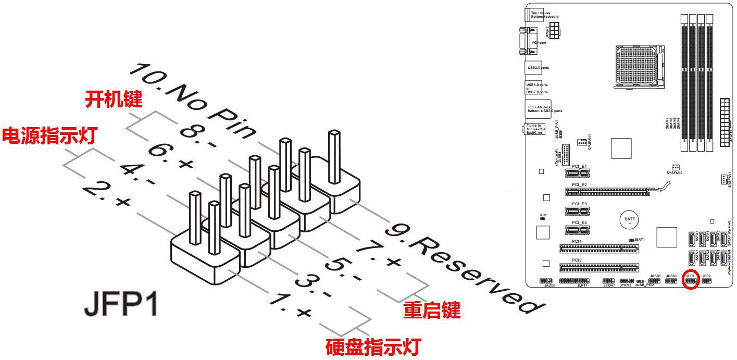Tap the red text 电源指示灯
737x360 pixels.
tap(49, 135)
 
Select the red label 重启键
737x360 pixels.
tap(432, 311)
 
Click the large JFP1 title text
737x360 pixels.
tap(121, 306)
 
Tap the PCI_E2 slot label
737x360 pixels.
tap(579, 184)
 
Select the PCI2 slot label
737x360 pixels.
tap(577, 259)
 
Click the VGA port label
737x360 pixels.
tap(539, 43)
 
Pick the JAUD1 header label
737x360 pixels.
tap(549, 286)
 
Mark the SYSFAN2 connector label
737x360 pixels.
tap(674, 172)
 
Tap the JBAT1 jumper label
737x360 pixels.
tap(640, 240)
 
